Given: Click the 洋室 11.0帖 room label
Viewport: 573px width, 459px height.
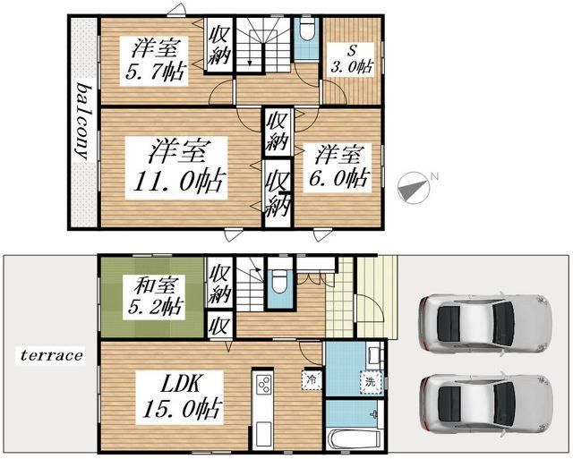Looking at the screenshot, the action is pos(176,167).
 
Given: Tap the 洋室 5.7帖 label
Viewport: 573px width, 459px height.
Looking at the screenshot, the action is pos(154,61).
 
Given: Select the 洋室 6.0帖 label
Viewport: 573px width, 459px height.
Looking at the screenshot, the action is pos(338,167).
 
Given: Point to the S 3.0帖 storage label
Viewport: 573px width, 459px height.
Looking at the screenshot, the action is pos(351,59).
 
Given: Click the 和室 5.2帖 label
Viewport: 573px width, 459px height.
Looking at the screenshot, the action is pos(154,297).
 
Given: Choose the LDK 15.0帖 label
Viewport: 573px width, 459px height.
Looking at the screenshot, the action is pos(179,397).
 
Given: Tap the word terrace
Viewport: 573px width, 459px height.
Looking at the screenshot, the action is pos(51,355).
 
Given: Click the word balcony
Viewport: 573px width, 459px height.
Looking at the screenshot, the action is pos(84,122).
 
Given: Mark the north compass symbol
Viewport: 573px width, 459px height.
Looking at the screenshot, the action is pos(415,187).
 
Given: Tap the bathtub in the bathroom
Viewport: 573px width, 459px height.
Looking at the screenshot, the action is pos(354,440).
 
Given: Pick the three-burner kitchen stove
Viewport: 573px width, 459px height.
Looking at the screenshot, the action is pos(262,385).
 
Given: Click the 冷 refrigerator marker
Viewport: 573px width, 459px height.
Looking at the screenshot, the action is pos(312,379).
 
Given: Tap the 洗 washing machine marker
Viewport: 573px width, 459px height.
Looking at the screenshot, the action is pos(371,382).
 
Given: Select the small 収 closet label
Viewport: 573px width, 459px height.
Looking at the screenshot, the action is pos(219,326).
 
